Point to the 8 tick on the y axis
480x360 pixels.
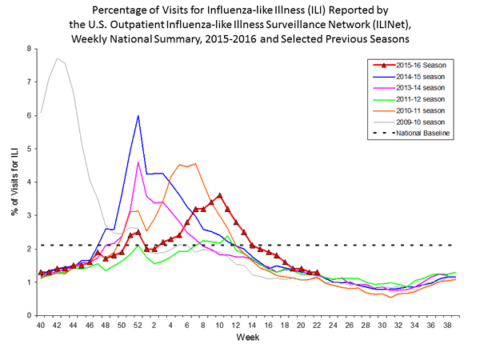click(x=29, y=49)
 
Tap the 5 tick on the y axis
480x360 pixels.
click(x=29, y=149)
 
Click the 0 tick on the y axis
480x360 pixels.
click(x=29, y=315)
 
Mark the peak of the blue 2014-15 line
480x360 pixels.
click(x=138, y=115)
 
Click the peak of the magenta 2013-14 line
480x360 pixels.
click(x=138, y=162)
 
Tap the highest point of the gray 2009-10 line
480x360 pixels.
click(x=56, y=58)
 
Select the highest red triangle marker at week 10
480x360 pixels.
click(x=220, y=194)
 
